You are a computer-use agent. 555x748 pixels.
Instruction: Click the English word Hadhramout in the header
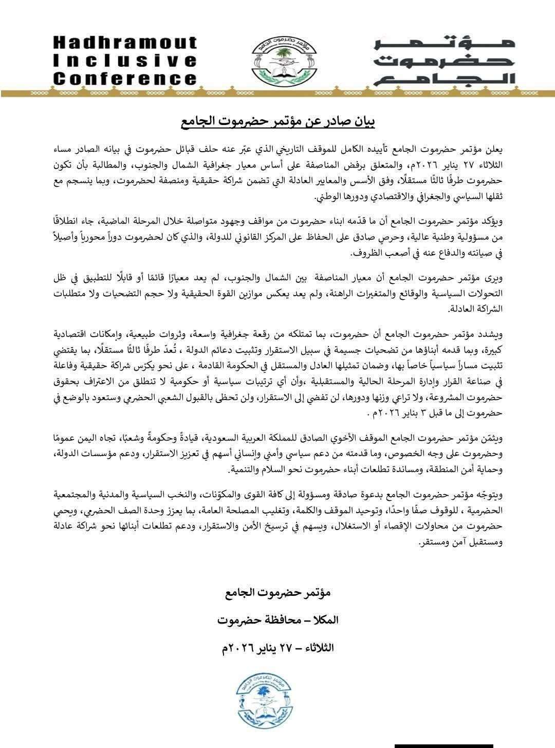pyautogui.click(x=125, y=42)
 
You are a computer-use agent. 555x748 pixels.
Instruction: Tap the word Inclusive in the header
pyautogui.click(x=125, y=61)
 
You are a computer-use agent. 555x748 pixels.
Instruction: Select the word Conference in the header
pyautogui.click(x=125, y=79)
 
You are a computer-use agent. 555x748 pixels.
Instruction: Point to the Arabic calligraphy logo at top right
pyautogui.click(x=444, y=61)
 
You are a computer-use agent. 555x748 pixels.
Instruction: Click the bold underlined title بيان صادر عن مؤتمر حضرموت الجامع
pyautogui.click(x=277, y=122)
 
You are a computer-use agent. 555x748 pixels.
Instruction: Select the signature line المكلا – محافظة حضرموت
pyautogui.click(x=277, y=620)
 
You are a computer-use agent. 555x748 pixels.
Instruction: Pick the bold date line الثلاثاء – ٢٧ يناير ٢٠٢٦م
pyautogui.click(x=277, y=648)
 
